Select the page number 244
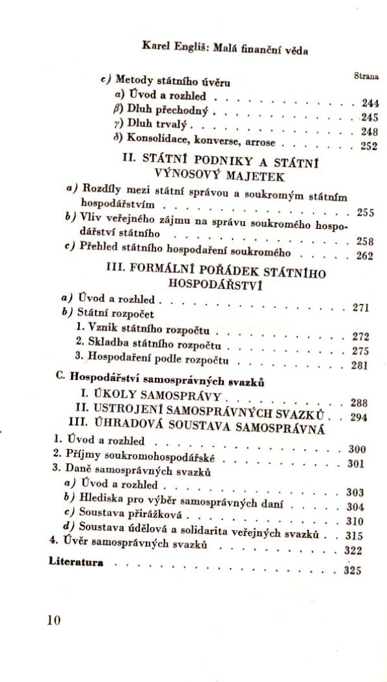point(370,103)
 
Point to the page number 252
point(368,146)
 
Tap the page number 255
point(365,213)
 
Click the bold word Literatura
point(75,561)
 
